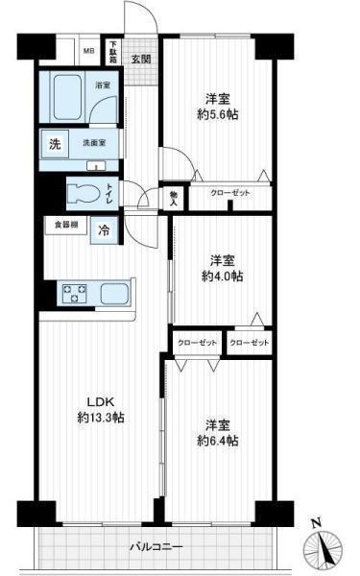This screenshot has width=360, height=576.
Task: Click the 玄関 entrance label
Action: pos(141,58)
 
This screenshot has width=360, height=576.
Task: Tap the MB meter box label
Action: pos(88,51)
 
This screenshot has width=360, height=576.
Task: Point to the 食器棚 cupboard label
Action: pos(65,226)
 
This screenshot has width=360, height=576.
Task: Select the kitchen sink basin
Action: pos(116,293)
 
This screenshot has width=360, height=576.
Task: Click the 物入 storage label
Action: pos(174,198)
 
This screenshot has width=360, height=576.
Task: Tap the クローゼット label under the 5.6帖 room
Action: pos(230,194)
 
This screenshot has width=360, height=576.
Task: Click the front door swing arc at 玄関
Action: pos(141,21)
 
